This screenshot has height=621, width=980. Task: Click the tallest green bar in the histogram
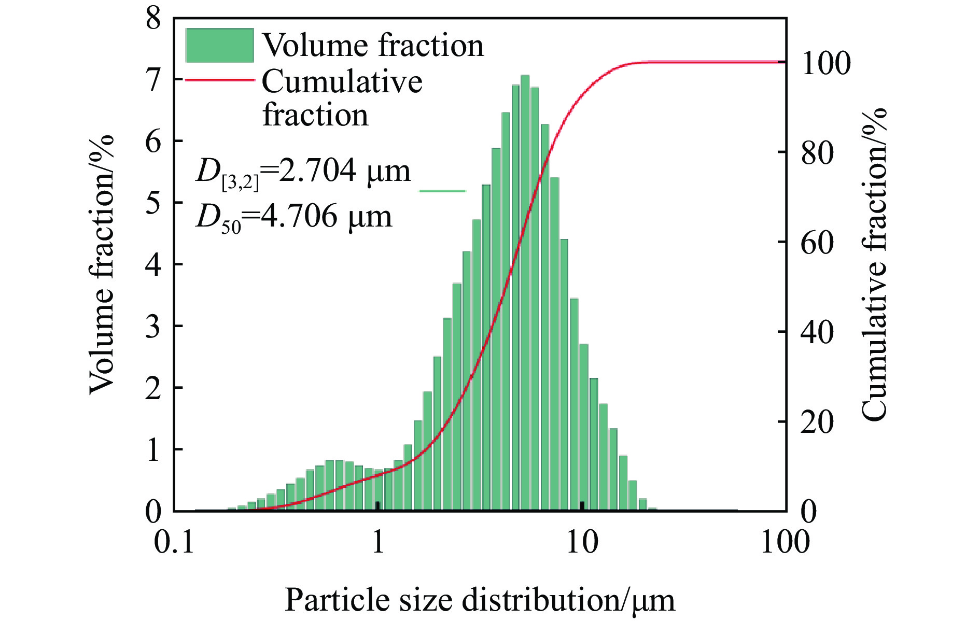coord(525,293)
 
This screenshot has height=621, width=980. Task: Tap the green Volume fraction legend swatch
coord(219,46)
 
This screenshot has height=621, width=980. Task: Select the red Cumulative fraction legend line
coord(220,80)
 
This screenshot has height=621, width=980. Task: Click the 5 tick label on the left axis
coord(153,203)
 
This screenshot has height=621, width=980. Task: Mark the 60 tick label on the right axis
coord(818,242)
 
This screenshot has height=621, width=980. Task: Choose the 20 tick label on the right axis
coord(818,421)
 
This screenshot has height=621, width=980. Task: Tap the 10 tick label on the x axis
coord(582,542)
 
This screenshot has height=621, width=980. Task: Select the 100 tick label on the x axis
coord(785,542)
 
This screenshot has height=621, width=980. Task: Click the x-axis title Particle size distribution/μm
coord(480,601)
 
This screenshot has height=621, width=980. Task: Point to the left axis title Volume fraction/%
coord(102,264)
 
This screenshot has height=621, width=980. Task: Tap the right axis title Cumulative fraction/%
coord(874,264)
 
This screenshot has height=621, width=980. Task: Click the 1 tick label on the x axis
coord(378,542)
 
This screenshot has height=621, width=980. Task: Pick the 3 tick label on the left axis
coord(153,326)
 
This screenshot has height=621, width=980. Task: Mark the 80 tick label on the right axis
coord(818,152)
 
